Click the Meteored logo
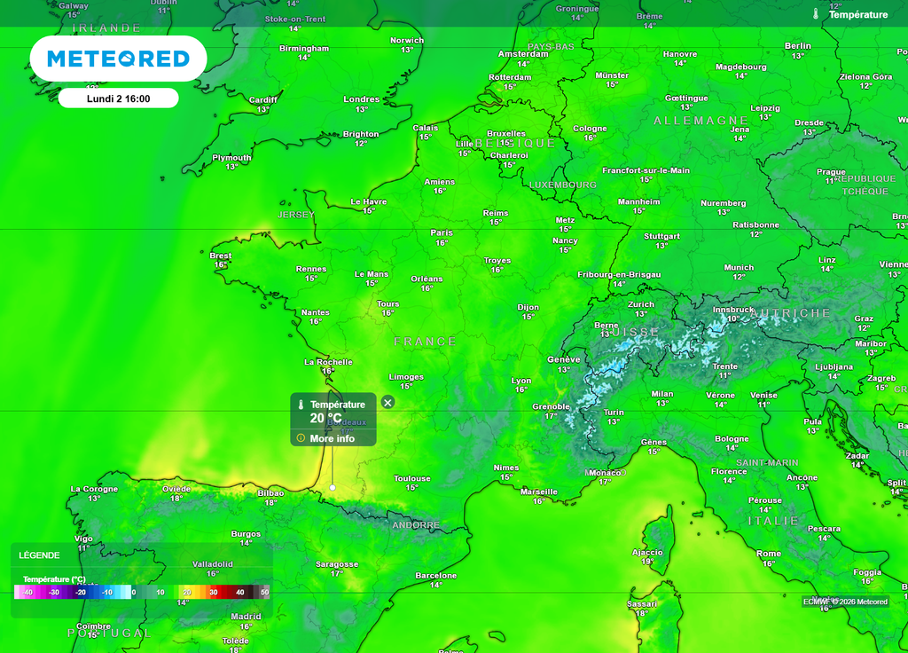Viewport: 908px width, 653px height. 118,59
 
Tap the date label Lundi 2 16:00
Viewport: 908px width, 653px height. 118,98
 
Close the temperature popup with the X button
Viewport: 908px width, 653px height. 387,402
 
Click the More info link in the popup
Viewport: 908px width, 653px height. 332,438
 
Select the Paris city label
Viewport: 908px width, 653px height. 442,232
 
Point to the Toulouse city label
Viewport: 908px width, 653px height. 412,478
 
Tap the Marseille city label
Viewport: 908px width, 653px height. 539,492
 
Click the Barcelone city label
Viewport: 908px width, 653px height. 436,576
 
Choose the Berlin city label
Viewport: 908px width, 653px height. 798,46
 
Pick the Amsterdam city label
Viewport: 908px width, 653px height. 523,54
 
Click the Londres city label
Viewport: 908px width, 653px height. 362,99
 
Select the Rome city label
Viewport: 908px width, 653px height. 769,554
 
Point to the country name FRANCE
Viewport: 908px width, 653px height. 426,342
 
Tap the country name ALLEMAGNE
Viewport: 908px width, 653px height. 701,120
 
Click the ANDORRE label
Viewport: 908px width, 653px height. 416,525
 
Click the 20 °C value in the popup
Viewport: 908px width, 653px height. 325,419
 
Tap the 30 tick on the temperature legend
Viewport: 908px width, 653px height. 213,592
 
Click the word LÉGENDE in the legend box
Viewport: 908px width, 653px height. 40,555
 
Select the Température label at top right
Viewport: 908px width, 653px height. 857,15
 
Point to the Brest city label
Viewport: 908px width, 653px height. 221,256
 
